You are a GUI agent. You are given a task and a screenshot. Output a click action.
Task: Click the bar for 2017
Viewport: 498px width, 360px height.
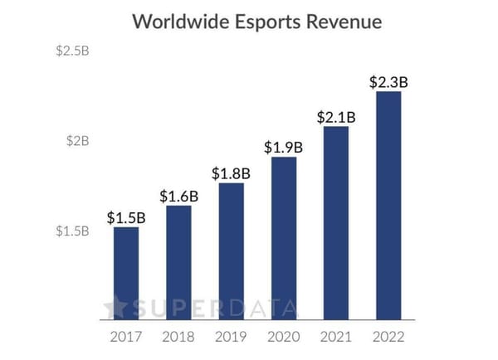coord(126,273)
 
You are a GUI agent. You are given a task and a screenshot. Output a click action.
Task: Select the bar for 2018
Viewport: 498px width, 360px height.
coord(178,262)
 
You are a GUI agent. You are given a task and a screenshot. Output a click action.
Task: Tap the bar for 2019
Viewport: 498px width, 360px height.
coord(232,251)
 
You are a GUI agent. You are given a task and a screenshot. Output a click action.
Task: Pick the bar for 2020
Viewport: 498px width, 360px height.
coord(284,238)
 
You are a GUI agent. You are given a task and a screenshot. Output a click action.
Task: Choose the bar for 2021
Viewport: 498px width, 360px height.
coord(336,222)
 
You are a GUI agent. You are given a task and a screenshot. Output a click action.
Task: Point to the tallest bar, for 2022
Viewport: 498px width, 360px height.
coord(388,205)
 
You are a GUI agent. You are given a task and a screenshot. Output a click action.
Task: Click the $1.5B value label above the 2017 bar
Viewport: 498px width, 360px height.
coord(126,217)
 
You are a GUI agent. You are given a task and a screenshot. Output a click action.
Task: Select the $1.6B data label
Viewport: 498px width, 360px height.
coord(178,196)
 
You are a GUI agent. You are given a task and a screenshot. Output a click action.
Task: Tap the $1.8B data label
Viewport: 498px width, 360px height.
coord(232,173)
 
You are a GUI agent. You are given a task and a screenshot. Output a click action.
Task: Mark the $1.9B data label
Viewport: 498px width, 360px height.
coord(284,147)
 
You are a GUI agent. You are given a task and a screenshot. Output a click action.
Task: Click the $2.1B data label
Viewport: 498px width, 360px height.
coord(336,117)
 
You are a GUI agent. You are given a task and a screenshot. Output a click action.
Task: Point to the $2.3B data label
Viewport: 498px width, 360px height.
coord(388,82)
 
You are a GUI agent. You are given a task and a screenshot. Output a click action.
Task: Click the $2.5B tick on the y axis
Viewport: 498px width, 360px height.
coord(72,51)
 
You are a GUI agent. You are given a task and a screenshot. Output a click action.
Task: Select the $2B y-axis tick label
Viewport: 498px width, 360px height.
coord(77,141)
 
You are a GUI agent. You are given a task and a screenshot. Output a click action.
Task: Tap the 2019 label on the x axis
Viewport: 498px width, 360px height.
coord(232,338)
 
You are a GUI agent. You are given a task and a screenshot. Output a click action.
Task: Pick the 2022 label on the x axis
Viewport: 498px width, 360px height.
coord(388,338)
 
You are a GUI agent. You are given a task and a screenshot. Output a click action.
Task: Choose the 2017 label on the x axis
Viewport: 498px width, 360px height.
coord(126,338)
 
